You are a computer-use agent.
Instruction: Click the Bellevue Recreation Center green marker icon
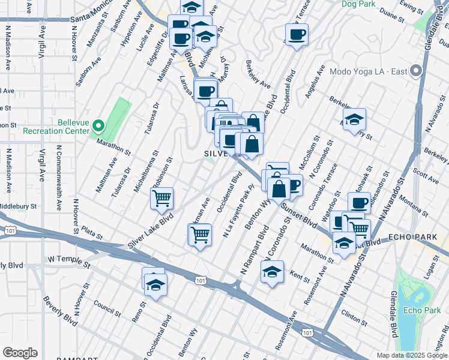coord(100,126)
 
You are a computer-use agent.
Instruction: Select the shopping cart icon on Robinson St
coord(162,198)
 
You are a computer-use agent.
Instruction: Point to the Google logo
coord(20,353)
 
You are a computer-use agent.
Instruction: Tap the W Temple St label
coord(68,263)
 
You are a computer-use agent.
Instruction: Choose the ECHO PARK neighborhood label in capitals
coord(413,238)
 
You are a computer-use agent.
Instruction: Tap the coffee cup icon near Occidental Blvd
coord(296,35)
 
